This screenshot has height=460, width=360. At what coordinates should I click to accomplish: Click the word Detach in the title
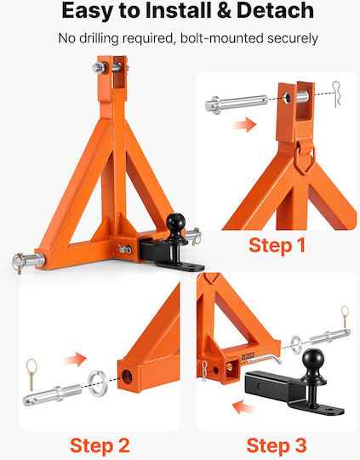pos(275,10)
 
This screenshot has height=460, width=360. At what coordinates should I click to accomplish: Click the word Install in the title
pos(179,10)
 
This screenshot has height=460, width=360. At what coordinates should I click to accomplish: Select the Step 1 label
pos(277,245)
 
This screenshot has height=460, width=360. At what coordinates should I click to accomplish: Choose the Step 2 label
pos(100,446)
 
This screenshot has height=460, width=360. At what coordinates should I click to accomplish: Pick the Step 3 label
pos(277,446)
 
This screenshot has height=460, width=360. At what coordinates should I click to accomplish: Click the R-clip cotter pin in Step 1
pos(336,94)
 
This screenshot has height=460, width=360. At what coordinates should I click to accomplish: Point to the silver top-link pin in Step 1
pos(237,103)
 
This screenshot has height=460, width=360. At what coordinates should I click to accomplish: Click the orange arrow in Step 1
pos(244,125)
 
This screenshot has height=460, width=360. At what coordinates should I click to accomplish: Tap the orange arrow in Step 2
pos(75,359)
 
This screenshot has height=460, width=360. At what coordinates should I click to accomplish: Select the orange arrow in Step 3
pos(243,407)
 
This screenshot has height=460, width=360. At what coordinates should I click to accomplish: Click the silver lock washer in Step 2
pos(98,382)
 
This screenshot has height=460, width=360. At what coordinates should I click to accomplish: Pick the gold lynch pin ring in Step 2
pos(31,366)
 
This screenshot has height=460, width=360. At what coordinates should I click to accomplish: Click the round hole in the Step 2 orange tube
pos(127,377)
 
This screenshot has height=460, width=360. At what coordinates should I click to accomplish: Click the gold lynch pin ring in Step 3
pos(345,312)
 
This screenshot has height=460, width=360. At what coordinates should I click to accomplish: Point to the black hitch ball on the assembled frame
pos(176,222)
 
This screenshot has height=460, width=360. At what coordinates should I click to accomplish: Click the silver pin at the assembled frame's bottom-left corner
pos(29,261)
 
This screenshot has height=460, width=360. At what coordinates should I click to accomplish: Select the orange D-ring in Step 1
pos(306,161)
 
